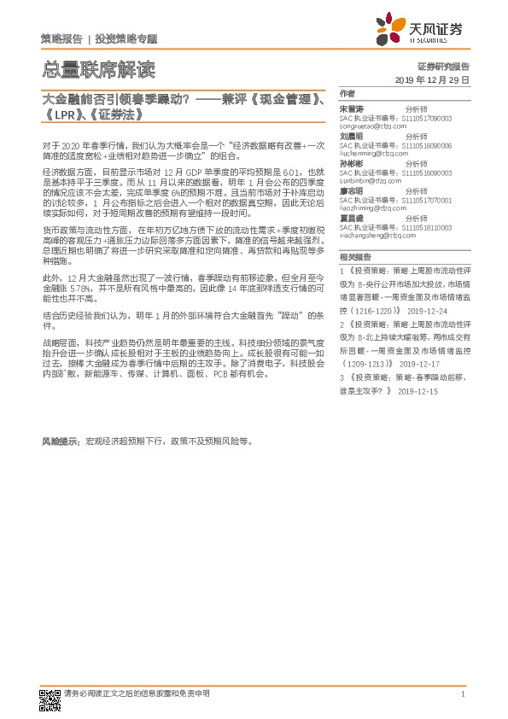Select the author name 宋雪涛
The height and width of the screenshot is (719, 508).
click(351, 109)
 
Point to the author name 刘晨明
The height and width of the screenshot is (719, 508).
click(351, 136)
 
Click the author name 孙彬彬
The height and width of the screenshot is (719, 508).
click(351, 162)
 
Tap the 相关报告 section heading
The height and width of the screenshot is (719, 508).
click(354, 255)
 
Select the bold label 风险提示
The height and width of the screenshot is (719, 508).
click(61, 442)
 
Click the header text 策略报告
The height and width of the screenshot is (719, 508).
click(61, 39)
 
